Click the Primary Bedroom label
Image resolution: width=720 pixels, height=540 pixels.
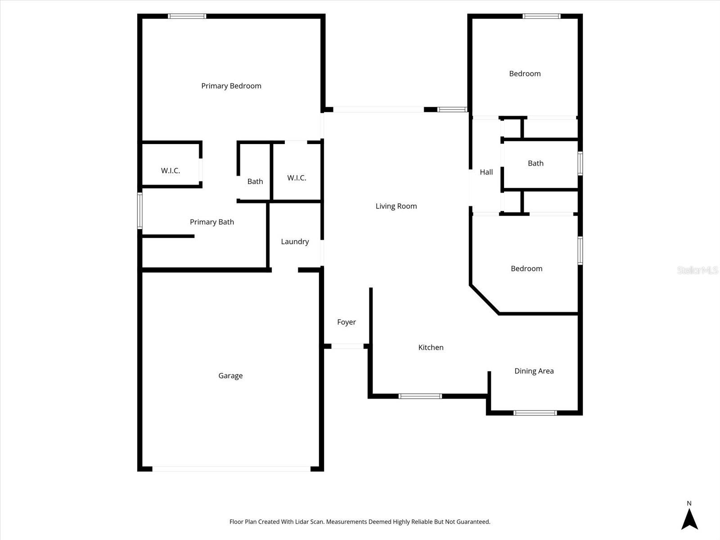click(x=231, y=86)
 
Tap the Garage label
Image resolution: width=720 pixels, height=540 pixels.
click(x=230, y=376)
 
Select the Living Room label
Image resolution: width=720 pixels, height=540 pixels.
click(x=396, y=206)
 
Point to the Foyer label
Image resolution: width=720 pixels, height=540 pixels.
click(x=346, y=322)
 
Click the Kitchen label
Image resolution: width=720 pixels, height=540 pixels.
click(x=431, y=347)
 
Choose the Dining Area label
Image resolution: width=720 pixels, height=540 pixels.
click(x=534, y=371)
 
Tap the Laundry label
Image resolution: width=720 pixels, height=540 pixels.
click(x=295, y=242)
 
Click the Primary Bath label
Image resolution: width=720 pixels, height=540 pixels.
click(x=211, y=222)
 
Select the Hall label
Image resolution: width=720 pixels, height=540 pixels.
click(x=486, y=172)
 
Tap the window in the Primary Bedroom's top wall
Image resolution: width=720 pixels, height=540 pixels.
click(x=187, y=16)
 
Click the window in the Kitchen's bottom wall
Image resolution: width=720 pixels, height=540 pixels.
click(x=420, y=396)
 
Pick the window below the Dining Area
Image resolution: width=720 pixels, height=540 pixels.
click(x=535, y=413)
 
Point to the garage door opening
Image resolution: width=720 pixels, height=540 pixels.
click(x=231, y=469)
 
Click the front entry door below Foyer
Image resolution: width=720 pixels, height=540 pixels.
click(x=347, y=346)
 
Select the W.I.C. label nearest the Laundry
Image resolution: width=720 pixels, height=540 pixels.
click(x=297, y=178)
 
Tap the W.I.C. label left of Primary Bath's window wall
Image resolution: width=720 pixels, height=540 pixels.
click(x=171, y=171)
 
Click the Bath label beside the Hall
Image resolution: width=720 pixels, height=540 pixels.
click(x=535, y=163)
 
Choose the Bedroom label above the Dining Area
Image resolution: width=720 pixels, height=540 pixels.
click(x=526, y=269)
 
